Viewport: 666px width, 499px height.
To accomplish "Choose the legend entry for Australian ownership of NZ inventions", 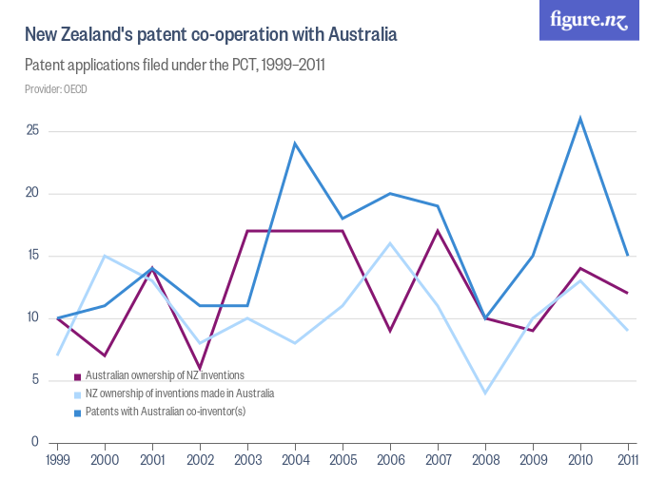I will [165, 375].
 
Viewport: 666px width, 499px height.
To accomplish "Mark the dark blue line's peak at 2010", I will [580, 119].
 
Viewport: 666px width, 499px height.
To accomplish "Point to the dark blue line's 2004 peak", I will [295, 144].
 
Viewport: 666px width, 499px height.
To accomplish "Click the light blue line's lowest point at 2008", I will [485, 393].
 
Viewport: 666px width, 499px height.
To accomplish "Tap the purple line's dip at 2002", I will [200, 368].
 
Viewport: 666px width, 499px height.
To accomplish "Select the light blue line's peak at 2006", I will [390, 243].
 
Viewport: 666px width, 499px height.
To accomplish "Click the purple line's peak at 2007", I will [438, 231].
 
